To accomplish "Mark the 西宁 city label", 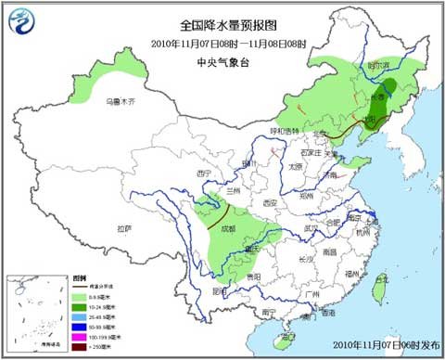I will click(x=206, y=173).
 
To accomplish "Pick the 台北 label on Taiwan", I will click(x=380, y=278).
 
